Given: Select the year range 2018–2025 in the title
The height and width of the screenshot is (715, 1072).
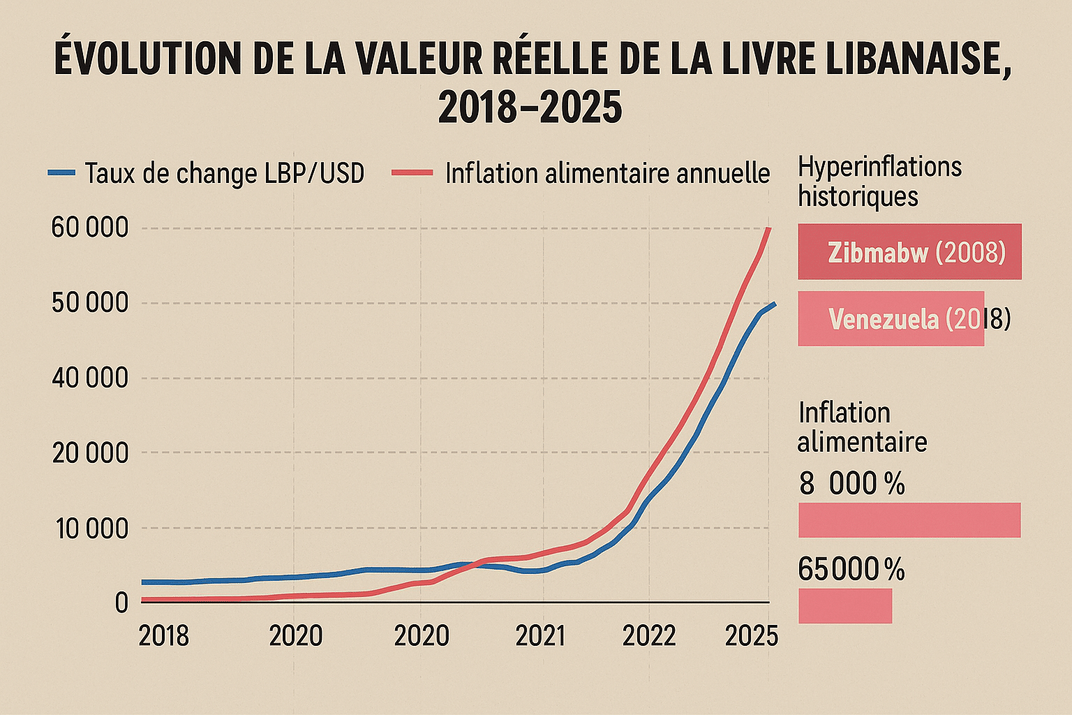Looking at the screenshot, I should [x=530, y=108].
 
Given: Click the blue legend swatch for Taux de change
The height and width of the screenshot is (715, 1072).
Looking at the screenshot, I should [x=61, y=172].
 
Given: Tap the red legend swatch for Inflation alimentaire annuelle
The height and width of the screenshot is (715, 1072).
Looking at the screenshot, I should [x=412, y=172].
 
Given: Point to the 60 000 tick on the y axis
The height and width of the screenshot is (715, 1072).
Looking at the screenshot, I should [x=90, y=228].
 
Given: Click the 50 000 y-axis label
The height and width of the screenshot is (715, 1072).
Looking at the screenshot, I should [x=90, y=303].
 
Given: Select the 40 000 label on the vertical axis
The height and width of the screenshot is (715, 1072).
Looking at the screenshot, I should [x=90, y=378].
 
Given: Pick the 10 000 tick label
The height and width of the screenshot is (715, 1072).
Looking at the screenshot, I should [x=91, y=529].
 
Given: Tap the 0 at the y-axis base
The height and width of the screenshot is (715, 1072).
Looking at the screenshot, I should [x=121, y=603].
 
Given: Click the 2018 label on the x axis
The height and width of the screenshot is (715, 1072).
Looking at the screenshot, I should [x=164, y=636].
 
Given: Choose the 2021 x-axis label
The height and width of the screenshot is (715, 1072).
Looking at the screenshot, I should [x=539, y=636].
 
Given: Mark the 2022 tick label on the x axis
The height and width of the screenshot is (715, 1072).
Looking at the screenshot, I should [x=649, y=636].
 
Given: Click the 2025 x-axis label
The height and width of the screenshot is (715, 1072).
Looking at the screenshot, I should [x=752, y=636].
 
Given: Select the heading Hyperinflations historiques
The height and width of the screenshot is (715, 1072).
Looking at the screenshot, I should [x=879, y=182].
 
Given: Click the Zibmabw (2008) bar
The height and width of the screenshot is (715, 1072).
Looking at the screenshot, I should [x=909, y=252].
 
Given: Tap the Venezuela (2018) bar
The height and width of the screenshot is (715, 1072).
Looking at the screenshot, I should [x=891, y=319].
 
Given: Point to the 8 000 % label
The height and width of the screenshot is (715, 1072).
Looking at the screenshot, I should [x=851, y=483].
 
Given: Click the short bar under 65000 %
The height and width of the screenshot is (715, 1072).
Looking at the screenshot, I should [x=844, y=605].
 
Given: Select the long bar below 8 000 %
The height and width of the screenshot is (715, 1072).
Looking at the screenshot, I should [x=909, y=520].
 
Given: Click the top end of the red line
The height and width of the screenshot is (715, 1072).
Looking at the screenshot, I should [x=768, y=229].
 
